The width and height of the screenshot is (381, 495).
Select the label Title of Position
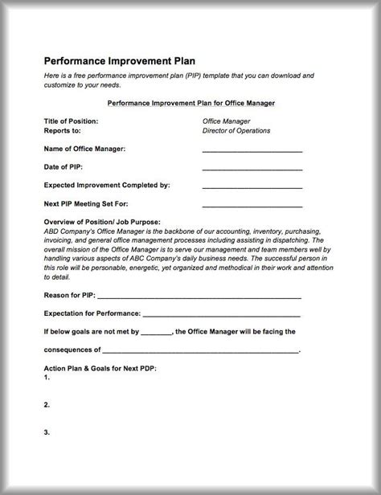(71, 121)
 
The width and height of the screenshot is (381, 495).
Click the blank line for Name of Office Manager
(252, 150)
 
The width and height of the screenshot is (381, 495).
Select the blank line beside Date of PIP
(252, 169)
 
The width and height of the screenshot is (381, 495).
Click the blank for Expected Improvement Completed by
(252, 186)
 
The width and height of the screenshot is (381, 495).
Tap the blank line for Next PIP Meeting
(252, 205)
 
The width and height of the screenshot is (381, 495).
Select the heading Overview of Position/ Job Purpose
(102, 222)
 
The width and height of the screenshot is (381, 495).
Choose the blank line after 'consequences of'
(201, 350)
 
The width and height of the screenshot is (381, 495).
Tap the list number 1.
(47, 377)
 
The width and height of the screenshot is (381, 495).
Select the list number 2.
(47, 404)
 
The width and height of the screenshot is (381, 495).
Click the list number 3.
(47, 432)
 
